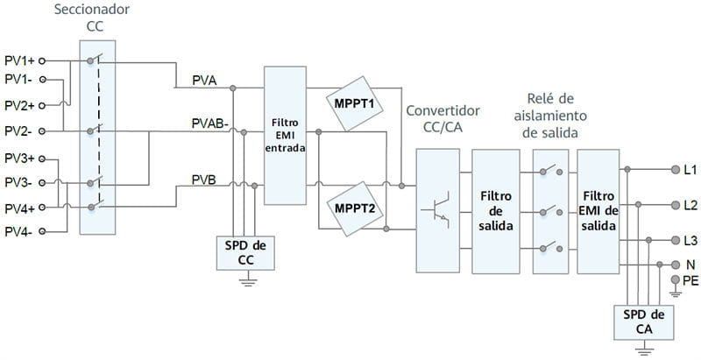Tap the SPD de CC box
[247, 253]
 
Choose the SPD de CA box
[645, 322]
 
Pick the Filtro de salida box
[496, 210]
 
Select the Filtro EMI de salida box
[598, 210]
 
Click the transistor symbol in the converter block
[438, 210]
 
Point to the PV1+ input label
[19, 60]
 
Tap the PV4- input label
[19, 231]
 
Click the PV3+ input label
[19, 159]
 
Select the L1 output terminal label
[690, 169]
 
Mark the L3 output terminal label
[690, 241]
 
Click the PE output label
[690, 279]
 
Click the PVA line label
[207, 81]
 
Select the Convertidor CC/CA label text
[443, 120]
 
